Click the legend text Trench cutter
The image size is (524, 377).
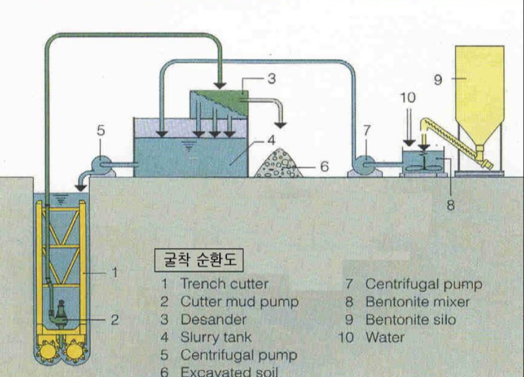[x=224, y=283]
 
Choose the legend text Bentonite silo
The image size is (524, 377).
[x=411, y=319]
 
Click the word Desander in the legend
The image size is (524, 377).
[x=213, y=319]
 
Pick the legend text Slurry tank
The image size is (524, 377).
[x=216, y=337]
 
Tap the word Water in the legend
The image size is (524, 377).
[x=385, y=337]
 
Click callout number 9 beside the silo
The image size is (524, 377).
[x=438, y=80]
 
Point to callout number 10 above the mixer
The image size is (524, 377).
[x=408, y=98]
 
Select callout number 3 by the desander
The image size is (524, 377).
[x=271, y=79]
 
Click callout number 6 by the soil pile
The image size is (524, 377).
[x=323, y=167]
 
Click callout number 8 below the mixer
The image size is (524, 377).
[x=450, y=205]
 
